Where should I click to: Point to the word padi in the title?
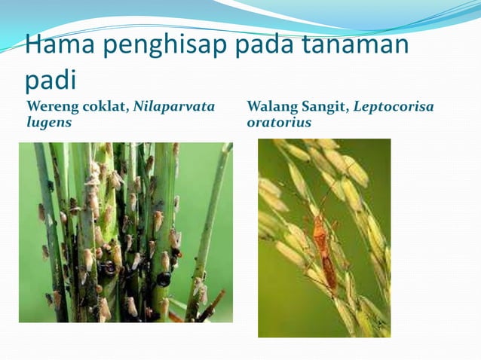tap(56, 80)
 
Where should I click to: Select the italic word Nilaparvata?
tap(174, 107)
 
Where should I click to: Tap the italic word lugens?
tap(49, 122)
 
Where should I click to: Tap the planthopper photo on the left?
tap(125, 232)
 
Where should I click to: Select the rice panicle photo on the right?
tap(324, 237)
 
